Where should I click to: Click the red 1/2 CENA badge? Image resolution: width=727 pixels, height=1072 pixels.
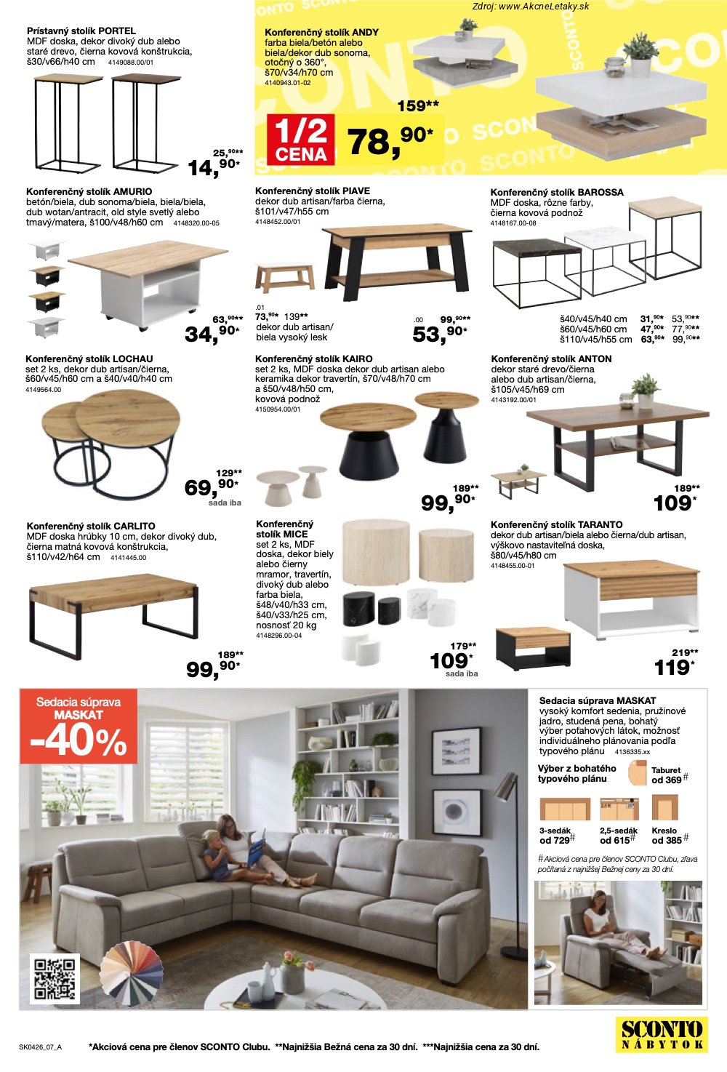pos(300,140)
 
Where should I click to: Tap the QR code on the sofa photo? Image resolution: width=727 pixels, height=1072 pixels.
pos(55,979)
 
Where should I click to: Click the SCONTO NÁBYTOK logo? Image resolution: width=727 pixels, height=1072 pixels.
pos(662,1034)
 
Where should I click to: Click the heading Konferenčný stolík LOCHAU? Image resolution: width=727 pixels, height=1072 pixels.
pos(89,359)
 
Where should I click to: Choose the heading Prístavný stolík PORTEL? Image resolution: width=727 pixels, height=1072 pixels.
pos(81,31)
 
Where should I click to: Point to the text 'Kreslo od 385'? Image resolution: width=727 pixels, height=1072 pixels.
pos(667,836)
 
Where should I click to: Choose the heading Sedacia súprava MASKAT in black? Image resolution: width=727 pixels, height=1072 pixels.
pos(598,700)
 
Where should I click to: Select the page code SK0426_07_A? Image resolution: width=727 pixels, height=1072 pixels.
pos(40,1047)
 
